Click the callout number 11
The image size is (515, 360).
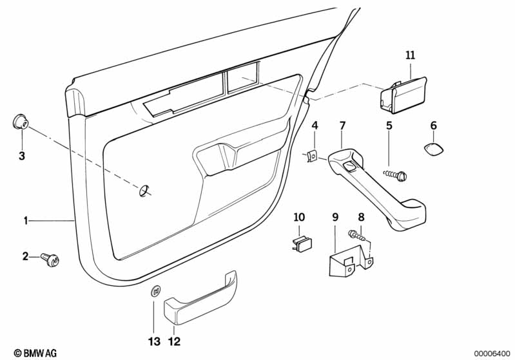[411, 55]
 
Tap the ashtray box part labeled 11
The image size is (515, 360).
[402, 94]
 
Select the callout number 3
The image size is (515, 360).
[21, 156]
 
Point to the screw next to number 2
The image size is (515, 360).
[50, 259]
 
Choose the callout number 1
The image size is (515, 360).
[26, 221]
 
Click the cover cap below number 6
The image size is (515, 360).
[432, 149]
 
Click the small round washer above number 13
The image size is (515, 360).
[155, 292]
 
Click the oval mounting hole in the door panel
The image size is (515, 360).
[144, 190]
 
